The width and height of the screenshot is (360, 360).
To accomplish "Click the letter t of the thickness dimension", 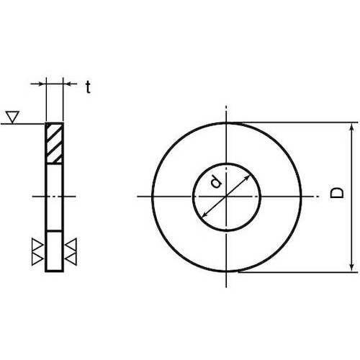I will (88, 88).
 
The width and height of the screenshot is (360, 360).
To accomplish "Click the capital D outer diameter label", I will (336, 194).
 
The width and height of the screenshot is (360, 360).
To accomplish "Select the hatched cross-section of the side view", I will (55, 143).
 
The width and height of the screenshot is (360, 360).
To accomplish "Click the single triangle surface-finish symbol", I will (12, 115).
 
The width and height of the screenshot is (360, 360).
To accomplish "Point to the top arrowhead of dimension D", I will (351, 127).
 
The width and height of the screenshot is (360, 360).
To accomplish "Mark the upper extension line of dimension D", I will (295, 122).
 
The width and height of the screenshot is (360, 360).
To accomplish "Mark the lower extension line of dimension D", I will (295, 271).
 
